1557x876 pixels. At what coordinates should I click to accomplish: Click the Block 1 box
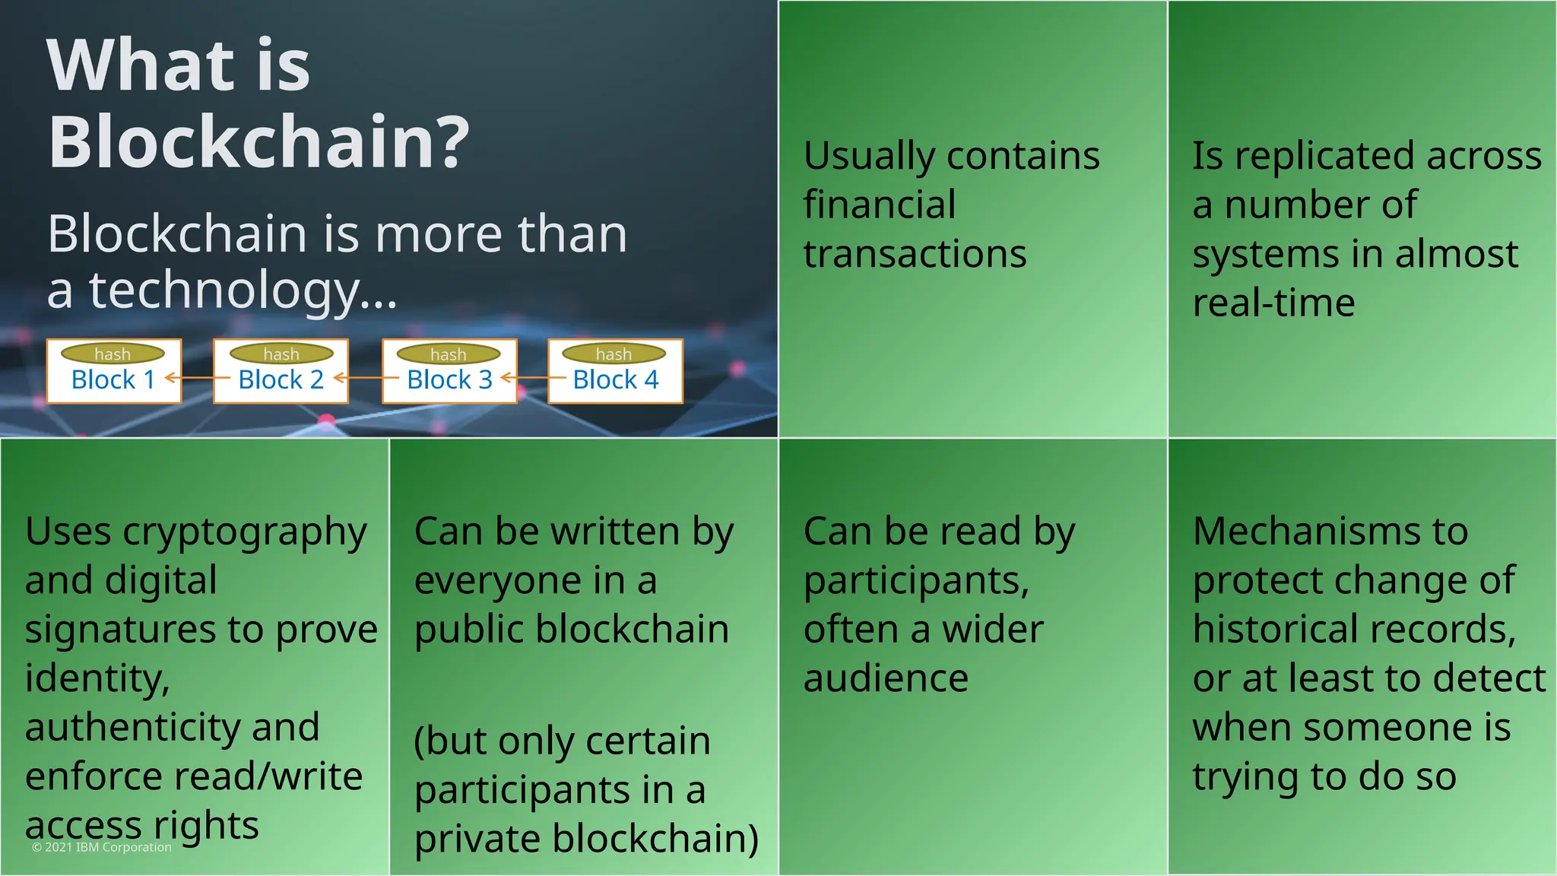[x=113, y=379]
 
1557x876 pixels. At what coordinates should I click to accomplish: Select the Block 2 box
[x=281, y=379]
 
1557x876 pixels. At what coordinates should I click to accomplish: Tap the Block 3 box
[x=449, y=379]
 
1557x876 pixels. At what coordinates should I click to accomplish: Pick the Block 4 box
[x=615, y=379]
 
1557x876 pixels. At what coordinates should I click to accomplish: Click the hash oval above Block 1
[x=113, y=354]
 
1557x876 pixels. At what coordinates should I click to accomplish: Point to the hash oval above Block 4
[x=614, y=354]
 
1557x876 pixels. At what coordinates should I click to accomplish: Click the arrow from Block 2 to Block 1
[x=196, y=377]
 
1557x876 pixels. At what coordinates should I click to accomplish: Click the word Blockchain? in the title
[x=258, y=142]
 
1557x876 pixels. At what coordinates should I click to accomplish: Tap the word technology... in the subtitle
[x=243, y=291]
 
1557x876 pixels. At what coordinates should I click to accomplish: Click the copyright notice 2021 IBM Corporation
[x=102, y=847]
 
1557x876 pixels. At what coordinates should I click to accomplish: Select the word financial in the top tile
[x=880, y=205]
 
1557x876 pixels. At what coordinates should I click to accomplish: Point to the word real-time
[x=1273, y=303]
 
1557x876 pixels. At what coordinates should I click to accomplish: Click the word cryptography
[x=245, y=532]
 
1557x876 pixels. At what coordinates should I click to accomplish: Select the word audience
[x=886, y=678]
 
